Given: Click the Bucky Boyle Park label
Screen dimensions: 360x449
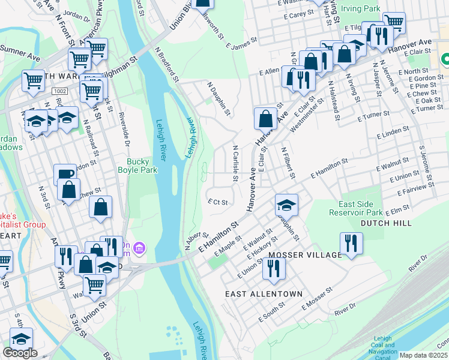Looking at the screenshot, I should pyautogui.click(x=142, y=166).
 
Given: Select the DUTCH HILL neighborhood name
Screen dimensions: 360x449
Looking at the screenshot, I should pyautogui.click(x=386, y=223).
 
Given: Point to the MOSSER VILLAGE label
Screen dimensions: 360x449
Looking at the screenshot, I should pyautogui.click(x=304, y=255).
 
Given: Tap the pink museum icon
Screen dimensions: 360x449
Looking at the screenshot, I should pyautogui.click(x=139, y=247).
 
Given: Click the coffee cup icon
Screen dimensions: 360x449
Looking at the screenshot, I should pyautogui.click(x=65, y=175).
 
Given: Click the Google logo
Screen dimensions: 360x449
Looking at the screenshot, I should pyautogui.click(x=20, y=353).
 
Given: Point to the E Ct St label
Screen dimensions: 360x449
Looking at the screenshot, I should pyautogui.click(x=217, y=202).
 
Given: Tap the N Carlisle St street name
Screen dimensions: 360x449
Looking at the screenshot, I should pyautogui.click(x=235, y=163).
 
